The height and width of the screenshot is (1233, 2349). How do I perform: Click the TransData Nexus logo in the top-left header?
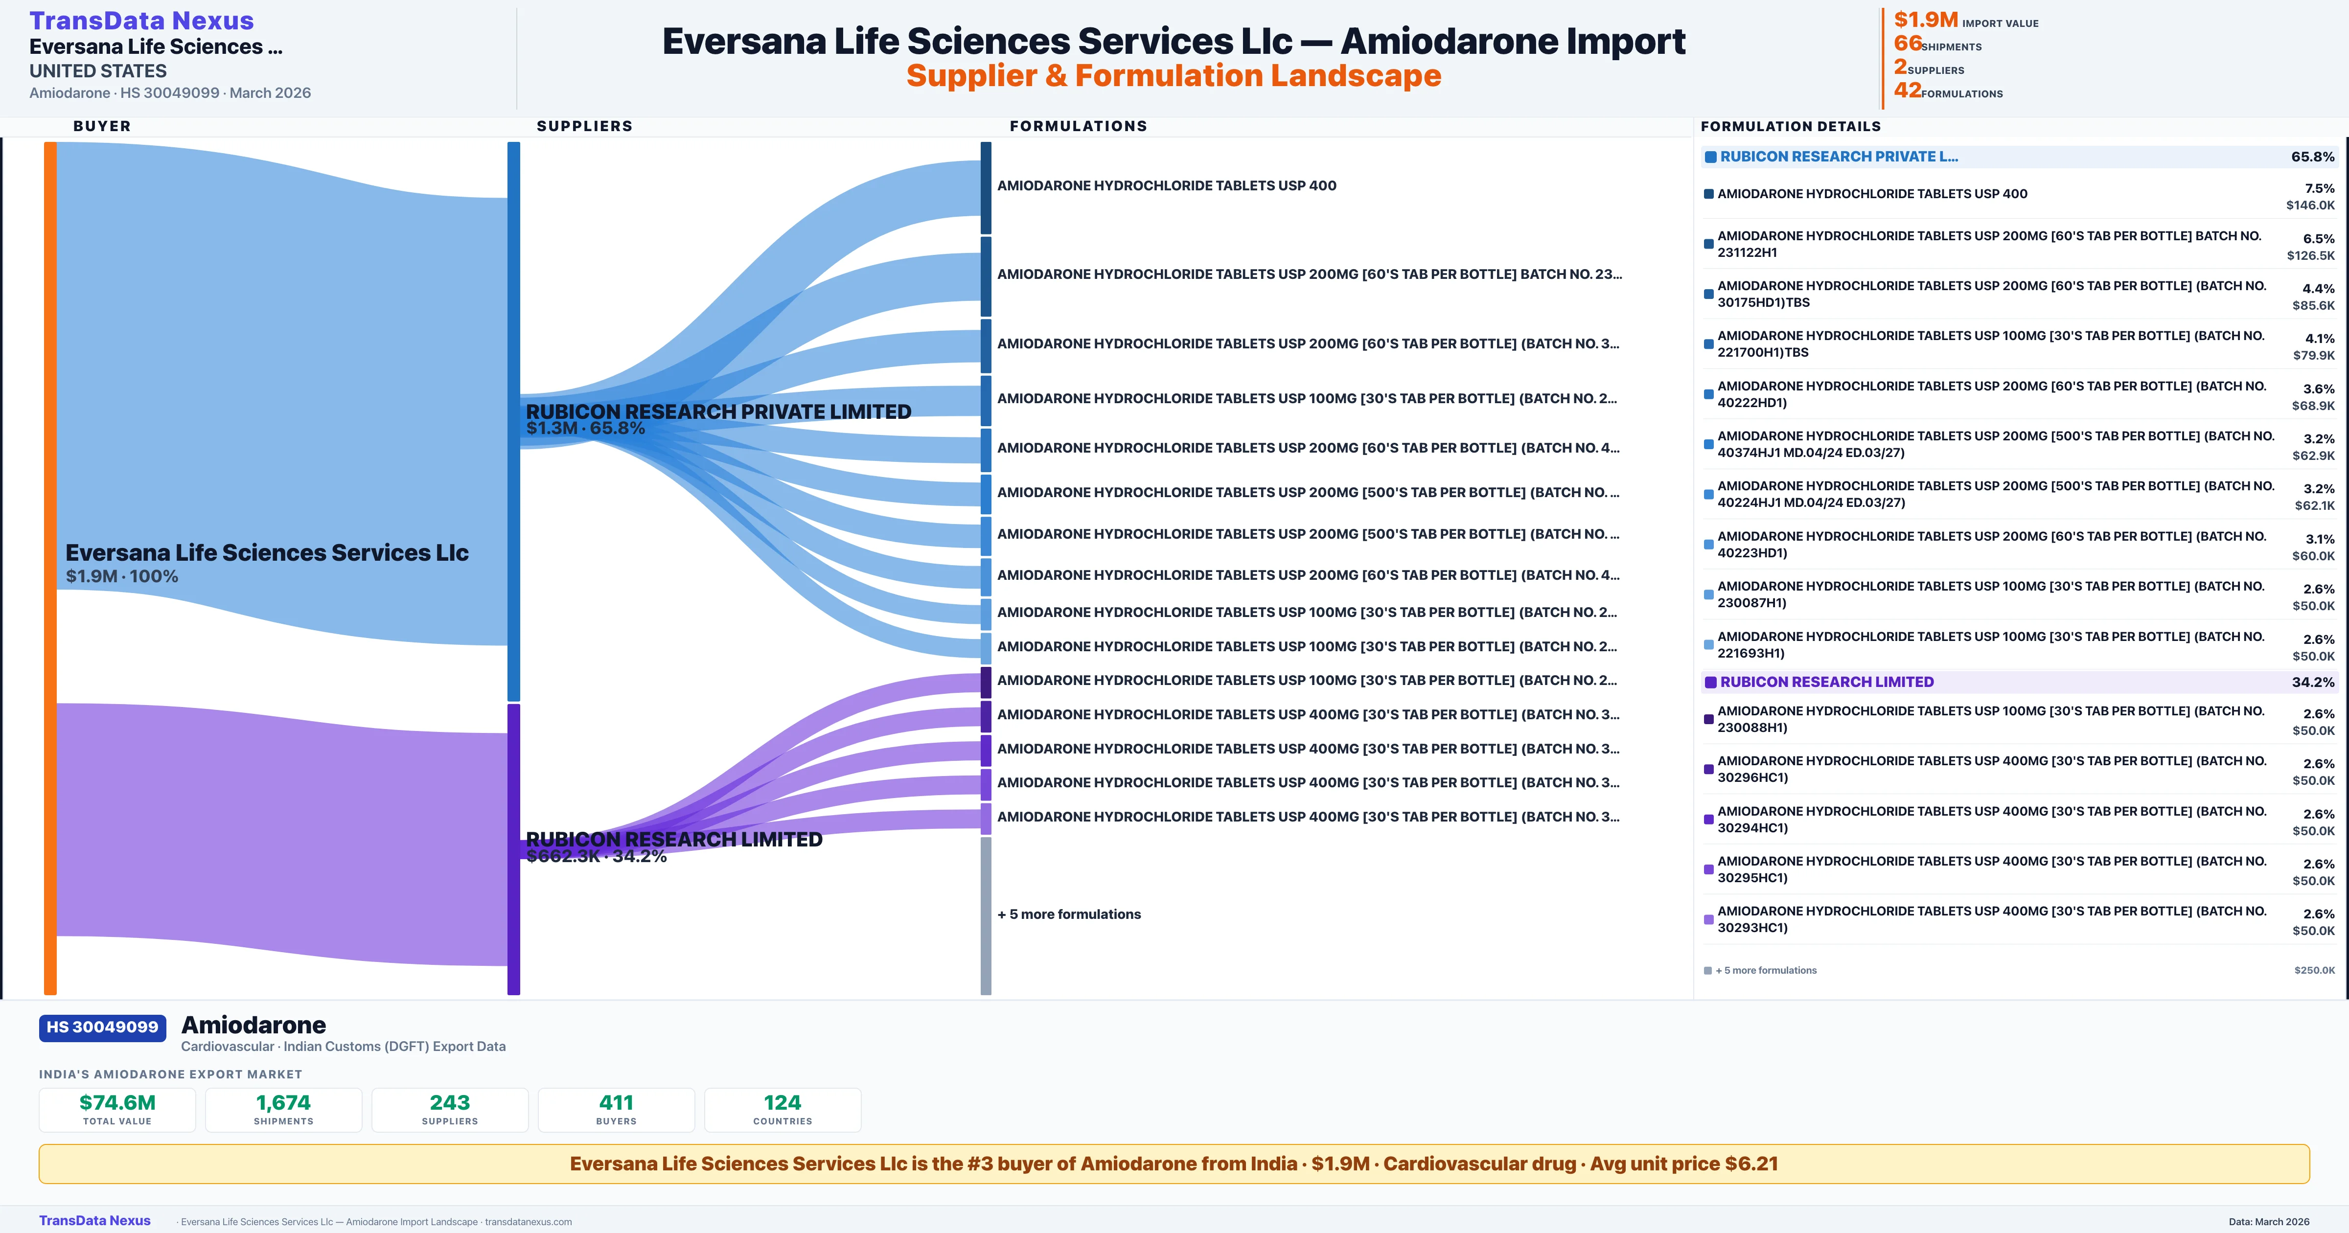click(141, 20)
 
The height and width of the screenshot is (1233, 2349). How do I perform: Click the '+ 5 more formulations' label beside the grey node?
click(1069, 914)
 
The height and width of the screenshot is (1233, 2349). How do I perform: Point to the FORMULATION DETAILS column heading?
click(1790, 126)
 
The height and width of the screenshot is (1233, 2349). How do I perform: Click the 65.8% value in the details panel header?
click(2312, 157)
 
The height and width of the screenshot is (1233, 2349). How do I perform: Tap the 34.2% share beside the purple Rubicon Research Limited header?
click(2312, 682)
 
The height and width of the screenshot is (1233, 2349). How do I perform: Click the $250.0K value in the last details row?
click(2314, 970)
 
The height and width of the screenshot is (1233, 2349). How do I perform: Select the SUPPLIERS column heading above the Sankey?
click(584, 126)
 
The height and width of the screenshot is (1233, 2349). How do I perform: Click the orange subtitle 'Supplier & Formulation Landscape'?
click(1174, 76)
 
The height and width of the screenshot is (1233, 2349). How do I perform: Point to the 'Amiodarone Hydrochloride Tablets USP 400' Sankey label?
click(1166, 185)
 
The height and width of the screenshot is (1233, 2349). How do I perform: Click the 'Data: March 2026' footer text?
click(2269, 1221)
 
